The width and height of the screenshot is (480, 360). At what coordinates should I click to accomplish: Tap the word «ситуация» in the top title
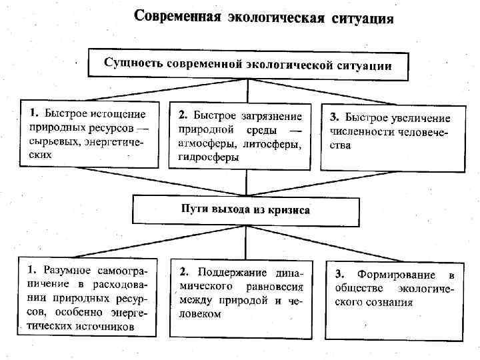pyautogui.click(x=363, y=17)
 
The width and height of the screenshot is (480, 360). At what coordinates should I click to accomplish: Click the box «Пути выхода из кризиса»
pyautogui.click(x=247, y=209)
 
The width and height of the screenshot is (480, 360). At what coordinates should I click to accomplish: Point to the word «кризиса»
pyautogui.click(x=289, y=209)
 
